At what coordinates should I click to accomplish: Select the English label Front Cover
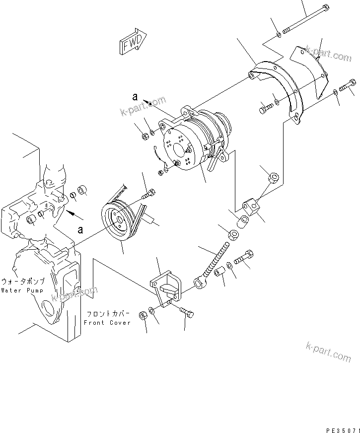[x=107, y=323]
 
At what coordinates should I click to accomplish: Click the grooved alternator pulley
[x=118, y=222]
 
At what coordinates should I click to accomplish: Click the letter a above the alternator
[x=135, y=97]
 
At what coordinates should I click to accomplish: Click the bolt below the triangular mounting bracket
[x=187, y=313]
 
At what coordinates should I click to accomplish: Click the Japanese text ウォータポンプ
[x=23, y=282]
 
